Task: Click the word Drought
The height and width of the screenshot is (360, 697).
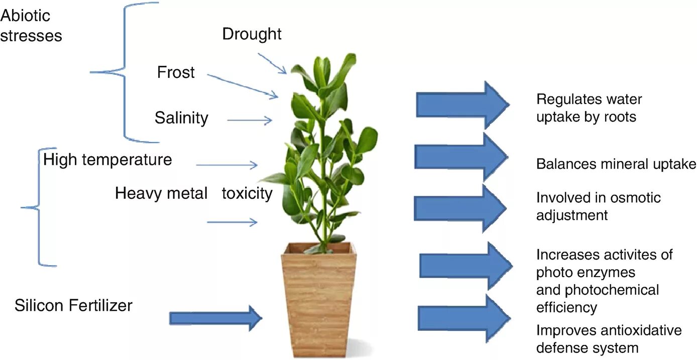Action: tap(252, 34)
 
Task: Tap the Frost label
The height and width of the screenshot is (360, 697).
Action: tap(176, 72)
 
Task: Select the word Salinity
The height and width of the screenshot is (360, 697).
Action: tap(181, 118)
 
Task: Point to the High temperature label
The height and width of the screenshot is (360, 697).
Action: tap(107, 160)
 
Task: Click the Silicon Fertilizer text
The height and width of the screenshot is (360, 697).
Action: tap(73, 305)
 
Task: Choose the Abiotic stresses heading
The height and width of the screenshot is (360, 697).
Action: tap(31, 26)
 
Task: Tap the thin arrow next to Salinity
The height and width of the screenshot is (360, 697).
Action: tap(249, 121)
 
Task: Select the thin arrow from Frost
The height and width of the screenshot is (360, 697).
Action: tap(242, 85)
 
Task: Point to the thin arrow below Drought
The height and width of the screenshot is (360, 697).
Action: tap(272, 63)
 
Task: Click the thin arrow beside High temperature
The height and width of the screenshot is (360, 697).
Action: tap(226, 165)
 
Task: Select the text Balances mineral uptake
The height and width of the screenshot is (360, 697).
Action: tap(616, 164)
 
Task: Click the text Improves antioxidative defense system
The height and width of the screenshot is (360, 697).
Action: tap(609, 339)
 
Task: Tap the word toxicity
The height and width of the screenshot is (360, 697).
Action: tap(247, 193)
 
